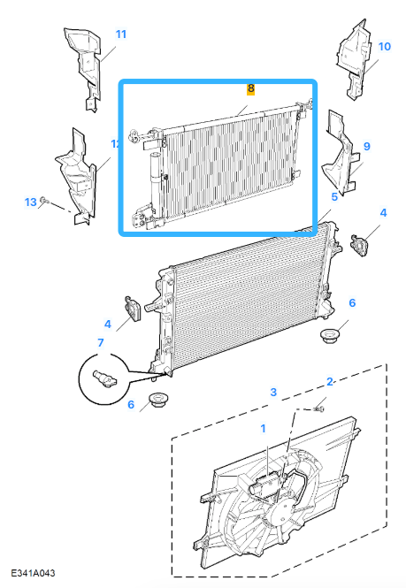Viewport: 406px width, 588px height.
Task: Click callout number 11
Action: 120,34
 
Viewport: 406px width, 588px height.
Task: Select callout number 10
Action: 384,46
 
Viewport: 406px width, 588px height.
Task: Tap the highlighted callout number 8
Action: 250,89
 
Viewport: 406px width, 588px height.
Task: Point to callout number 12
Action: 115,143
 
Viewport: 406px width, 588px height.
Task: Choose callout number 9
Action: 365,145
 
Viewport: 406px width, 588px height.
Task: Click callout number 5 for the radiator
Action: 334,197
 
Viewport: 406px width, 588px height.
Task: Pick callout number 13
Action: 30,202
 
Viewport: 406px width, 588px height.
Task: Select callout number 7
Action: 101,342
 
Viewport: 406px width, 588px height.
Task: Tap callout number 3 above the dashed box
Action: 273,391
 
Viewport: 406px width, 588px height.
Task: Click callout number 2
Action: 330,382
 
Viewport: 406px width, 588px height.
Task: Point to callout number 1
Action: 262,429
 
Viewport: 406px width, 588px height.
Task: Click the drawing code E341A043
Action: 34,574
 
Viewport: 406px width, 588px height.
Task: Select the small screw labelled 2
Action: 319,409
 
